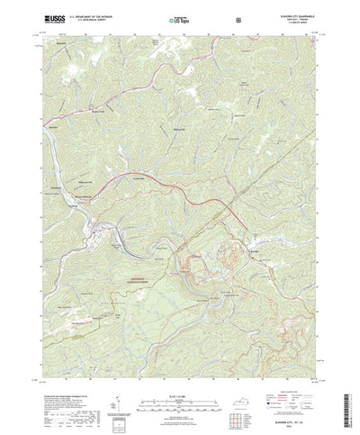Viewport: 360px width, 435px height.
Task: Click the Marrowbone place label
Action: [99, 110]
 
